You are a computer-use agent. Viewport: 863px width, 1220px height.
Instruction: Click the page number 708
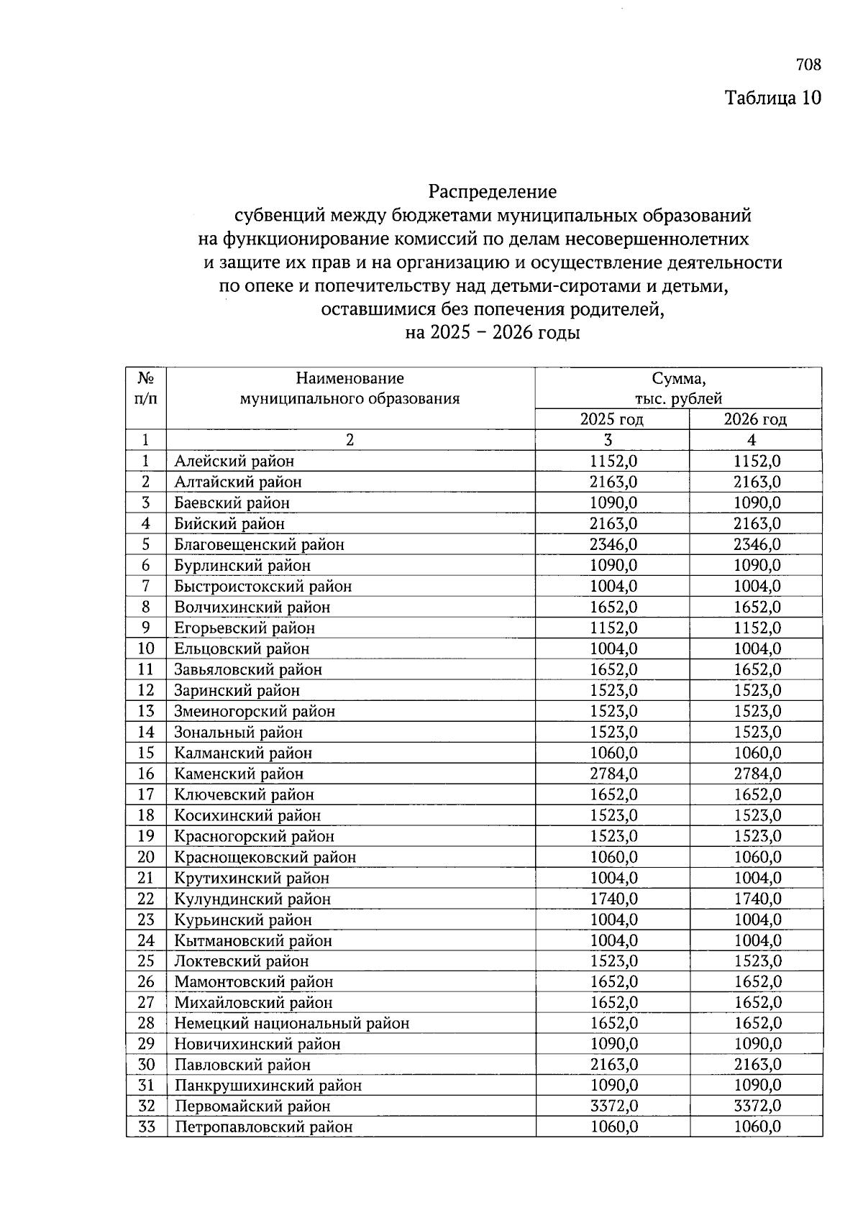pyautogui.click(x=808, y=65)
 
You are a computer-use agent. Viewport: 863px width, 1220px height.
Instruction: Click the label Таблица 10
pyautogui.click(x=772, y=97)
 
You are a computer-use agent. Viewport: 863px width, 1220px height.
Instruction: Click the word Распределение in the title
pyautogui.click(x=493, y=192)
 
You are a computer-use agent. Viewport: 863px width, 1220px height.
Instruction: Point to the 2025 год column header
pyautogui.click(x=611, y=419)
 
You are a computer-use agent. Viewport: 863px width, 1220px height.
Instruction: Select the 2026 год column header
pyautogui.click(x=755, y=419)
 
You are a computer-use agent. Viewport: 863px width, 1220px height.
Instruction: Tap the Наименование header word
pyautogui.click(x=350, y=378)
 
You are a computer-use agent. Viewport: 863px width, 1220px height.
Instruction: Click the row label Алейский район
pyautogui.click(x=234, y=461)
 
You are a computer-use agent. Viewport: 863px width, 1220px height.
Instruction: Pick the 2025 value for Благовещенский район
pyautogui.click(x=613, y=544)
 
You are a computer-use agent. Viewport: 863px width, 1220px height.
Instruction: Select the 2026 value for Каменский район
pyautogui.click(x=757, y=774)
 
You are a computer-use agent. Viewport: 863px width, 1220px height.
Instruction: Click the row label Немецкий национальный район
pyautogui.click(x=291, y=1023)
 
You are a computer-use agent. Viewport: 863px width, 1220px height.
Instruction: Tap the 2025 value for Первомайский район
pyautogui.click(x=613, y=1106)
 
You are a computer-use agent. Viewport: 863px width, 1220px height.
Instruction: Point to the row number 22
pyautogui.click(x=146, y=899)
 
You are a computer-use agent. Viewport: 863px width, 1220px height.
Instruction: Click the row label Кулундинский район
pyautogui.click(x=252, y=899)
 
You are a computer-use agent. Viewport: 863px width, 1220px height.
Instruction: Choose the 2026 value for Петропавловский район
pyautogui.click(x=757, y=1127)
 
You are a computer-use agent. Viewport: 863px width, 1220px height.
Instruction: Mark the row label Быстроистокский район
pyautogui.click(x=262, y=586)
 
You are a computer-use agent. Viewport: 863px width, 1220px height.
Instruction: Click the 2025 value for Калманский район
pyautogui.click(x=613, y=753)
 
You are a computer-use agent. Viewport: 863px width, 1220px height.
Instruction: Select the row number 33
pyautogui.click(x=146, y=1127)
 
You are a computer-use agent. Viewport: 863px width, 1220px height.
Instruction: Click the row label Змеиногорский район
pyautogui.click(x=254, y=711)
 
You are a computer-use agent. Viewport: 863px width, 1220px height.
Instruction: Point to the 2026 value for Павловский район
pyautogui.click(x=757, y=1064)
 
